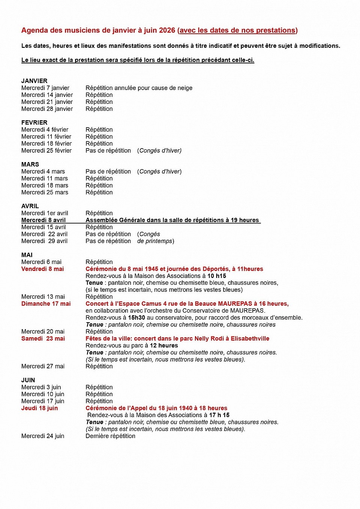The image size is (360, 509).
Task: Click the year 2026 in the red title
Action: point(167,30)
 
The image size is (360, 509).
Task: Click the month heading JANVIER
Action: point(34,81)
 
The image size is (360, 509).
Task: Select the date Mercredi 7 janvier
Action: point(45,88)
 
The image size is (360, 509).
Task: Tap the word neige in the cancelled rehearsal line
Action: point(184,88)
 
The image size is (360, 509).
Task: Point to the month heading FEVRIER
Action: point(34,123)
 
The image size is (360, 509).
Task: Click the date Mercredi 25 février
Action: point(46,151)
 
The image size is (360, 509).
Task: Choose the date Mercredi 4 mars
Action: point(43,172)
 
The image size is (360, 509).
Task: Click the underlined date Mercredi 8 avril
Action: point(43,220)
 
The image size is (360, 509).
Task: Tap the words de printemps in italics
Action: point(154,241)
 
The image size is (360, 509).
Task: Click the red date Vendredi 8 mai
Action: point(42,269)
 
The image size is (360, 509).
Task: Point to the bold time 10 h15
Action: point(217,276)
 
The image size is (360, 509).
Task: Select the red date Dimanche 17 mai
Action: point(46,304)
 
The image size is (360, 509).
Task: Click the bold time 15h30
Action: point(136,318)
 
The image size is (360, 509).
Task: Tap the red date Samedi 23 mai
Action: point(43,339)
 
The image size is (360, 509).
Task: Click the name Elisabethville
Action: point(250,339)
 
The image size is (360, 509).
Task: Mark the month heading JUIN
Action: point(28,380)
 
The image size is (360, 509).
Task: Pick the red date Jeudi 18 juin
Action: point(39,408)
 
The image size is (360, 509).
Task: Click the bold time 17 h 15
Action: point(219,415)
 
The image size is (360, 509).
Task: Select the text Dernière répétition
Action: point(110,436)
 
